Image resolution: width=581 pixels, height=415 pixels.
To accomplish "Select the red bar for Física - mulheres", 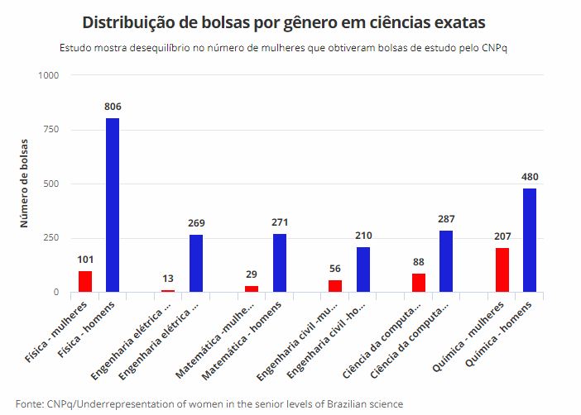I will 84,281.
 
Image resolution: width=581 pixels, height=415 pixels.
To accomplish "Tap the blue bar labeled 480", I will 530,240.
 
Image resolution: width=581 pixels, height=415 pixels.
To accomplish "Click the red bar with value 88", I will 419,283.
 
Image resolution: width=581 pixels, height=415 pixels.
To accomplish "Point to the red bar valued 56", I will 335,286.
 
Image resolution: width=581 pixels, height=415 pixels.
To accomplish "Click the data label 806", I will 113,107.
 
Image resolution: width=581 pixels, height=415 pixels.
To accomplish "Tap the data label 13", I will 168,278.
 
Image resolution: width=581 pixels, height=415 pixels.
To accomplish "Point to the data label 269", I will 196,223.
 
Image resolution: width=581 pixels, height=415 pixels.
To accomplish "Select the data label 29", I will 252,274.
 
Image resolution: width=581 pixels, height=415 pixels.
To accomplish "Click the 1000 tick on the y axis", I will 49,76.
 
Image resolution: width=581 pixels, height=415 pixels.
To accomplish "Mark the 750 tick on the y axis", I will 51,130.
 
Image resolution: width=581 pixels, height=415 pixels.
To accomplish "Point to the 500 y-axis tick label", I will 51,184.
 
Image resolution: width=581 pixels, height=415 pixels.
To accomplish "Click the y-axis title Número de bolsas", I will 25,184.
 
